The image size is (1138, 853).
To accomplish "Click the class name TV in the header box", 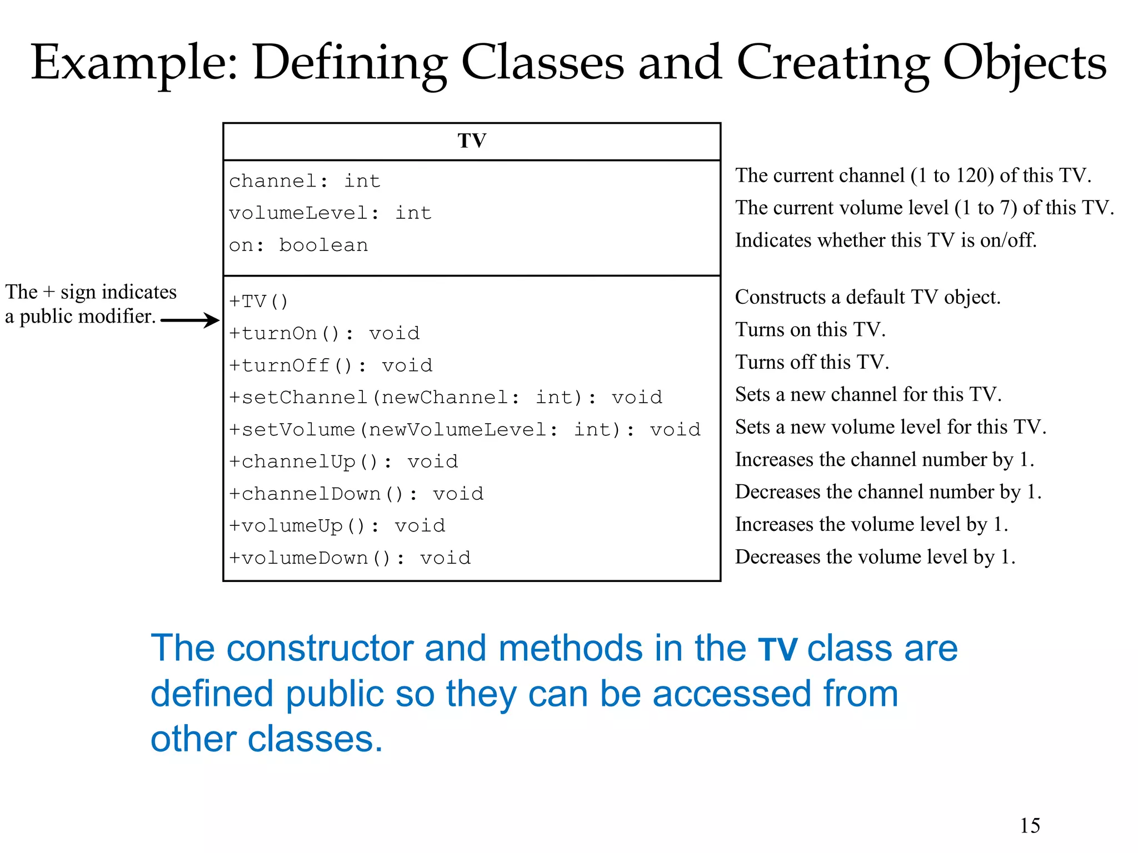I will [472, 141].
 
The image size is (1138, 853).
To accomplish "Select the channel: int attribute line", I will [305, 181].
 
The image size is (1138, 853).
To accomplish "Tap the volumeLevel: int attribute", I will [330, 213].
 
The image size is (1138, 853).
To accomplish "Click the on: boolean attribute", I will [298, 245].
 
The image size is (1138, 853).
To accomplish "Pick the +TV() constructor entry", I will [259, 302].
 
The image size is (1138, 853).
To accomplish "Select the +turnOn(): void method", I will [325, 333].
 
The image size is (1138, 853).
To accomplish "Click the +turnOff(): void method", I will [331, 365].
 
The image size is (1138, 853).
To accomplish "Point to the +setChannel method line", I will [446, 398].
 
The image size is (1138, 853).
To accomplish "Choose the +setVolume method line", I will [465, 430].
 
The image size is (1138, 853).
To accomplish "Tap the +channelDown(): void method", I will [356, 494].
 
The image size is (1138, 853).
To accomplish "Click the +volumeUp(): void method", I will [337, 526].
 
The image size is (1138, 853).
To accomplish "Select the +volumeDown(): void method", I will [350, 558].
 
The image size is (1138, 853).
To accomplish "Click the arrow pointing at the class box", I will [191, 320].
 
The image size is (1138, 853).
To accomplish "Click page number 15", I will [1030, 826].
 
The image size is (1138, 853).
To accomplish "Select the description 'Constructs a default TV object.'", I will [867, 297].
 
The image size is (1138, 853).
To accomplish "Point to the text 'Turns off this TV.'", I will [812, 362].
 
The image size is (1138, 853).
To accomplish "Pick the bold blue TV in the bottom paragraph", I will [778, 649].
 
